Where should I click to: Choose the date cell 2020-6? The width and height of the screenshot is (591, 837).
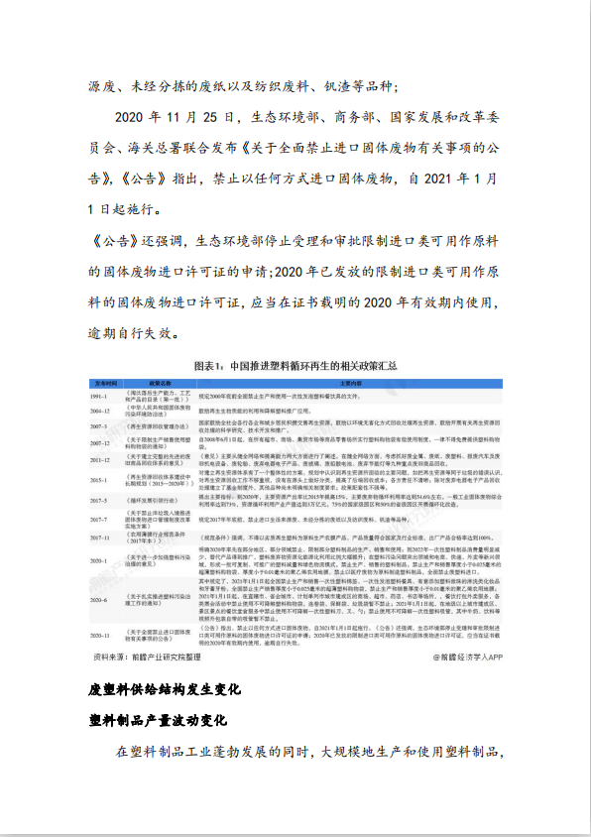pos(103,601)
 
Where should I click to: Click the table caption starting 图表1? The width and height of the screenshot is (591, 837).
pos(295,365)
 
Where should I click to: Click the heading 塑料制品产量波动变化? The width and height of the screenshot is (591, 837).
pos(158,718)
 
